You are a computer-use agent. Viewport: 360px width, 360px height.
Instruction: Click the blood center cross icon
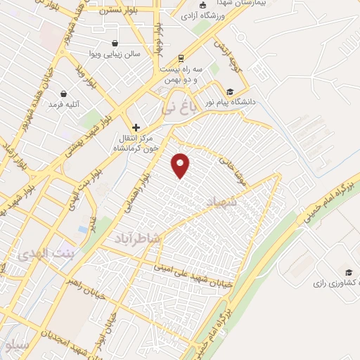click(x=136, y=127)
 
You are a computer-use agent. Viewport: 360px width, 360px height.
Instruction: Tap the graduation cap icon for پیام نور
click(x=230, y=92)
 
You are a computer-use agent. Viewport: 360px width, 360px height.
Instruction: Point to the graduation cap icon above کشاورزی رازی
click(x=347, y=272)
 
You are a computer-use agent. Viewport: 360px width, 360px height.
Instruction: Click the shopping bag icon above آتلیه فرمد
click(x=63, y=94)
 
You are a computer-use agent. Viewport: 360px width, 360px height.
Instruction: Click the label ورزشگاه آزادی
click(x=204, y=15)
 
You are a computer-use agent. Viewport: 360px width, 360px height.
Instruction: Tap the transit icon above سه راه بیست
click(x=181, y=58)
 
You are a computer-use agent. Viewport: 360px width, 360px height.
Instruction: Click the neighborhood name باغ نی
click(x=176, y=110)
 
